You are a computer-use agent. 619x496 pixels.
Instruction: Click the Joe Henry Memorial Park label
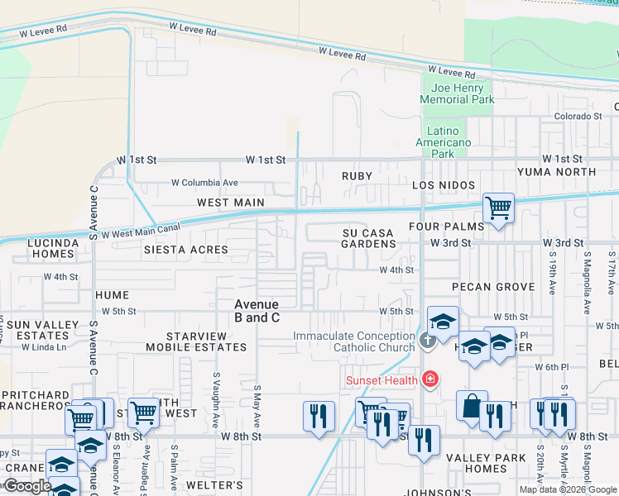click(457, 93)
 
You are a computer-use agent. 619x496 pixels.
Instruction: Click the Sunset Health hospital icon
click(429, 379)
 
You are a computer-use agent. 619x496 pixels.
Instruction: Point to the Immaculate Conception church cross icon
click(427, 340)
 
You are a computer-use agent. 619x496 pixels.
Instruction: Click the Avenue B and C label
click(257, 311)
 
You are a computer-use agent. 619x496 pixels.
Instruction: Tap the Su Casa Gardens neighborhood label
click(368, 239)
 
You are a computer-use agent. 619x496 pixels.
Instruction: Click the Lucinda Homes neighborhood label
click(52, 248)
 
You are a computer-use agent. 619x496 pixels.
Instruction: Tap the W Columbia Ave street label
click(204, 183)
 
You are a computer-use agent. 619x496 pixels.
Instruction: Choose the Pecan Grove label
click(493, 287)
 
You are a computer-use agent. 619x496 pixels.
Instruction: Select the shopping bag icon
click(471, 407)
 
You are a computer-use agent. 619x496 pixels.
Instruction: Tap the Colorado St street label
click(578, 117)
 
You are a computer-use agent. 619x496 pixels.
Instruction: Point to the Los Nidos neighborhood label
click(444, 185)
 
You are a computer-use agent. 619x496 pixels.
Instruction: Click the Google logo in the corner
click(26, 486)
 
